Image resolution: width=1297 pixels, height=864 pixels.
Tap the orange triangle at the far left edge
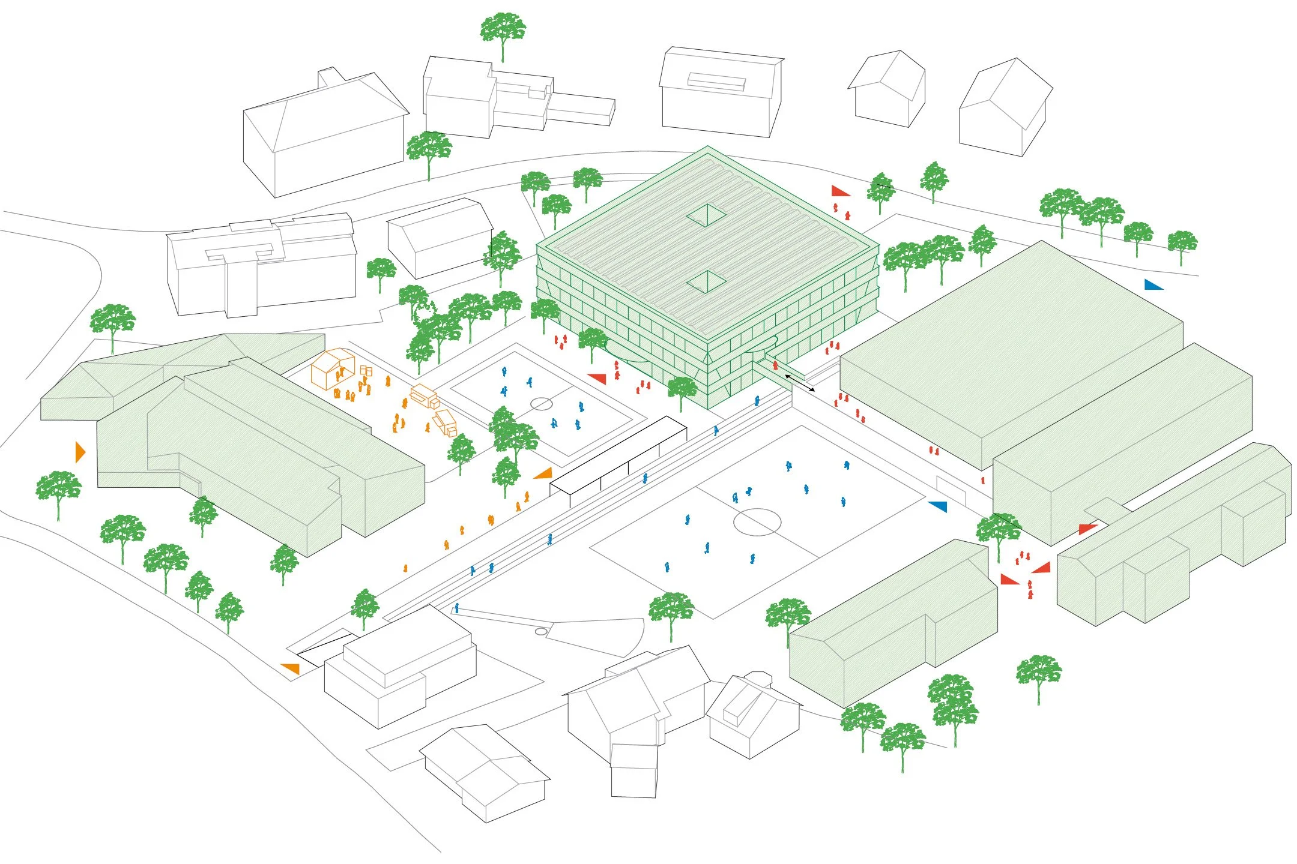[x=80, y=451]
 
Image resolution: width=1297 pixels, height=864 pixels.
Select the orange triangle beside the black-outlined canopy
[x=544, y=473]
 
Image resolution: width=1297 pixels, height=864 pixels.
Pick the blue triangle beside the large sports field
[x=939, y=506]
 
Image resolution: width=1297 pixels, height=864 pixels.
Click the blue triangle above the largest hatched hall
[x=1153, y=284]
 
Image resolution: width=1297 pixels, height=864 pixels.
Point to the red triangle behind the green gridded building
[x=840, y=191]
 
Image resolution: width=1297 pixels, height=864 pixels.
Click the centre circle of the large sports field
[x=758, y=521]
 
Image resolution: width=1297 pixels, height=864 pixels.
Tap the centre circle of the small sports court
[x=541, y=403]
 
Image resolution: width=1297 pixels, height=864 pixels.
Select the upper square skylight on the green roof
[x=707, y=215]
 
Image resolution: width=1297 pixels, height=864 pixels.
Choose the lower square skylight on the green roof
[x=707, y=281]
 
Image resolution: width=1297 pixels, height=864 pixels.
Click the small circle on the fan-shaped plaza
[x=541, y=631]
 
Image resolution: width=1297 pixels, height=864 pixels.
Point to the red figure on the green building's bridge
[x=775, y=365]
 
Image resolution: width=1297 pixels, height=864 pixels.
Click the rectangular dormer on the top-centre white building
[x=716, y=81]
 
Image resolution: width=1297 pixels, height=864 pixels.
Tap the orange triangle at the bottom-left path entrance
[x=291, y=668]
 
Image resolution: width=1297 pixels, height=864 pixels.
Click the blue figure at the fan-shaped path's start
[x=457, y=608]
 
